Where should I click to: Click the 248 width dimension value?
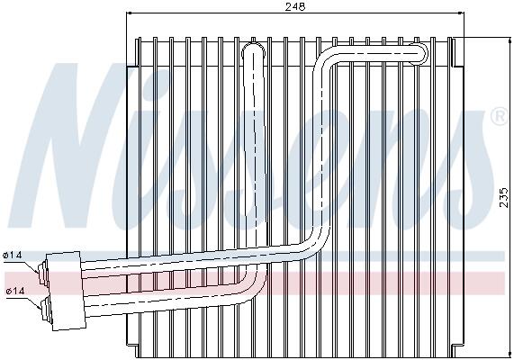pos(294,6)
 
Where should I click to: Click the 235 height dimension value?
pos(505,197)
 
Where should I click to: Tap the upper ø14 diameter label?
pos(12,255)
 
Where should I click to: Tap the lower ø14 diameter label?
pos(15,291)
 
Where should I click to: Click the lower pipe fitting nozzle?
pos(46,309)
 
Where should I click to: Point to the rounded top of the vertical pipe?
pos(253,49)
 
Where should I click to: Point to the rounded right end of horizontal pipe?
pos(422,52)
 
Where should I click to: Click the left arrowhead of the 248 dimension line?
pos(129,13)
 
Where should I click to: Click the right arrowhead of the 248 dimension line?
pos(462,13)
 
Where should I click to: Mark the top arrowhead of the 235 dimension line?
pos(510,40)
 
